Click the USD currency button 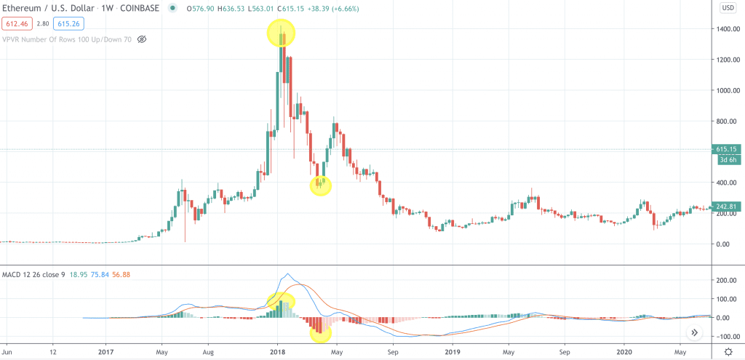coord(727,8)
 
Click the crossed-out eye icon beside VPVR coord(142,39)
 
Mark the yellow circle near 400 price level coord(321,185)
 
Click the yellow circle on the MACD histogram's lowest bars coord(320,334)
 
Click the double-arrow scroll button coord(694,332)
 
